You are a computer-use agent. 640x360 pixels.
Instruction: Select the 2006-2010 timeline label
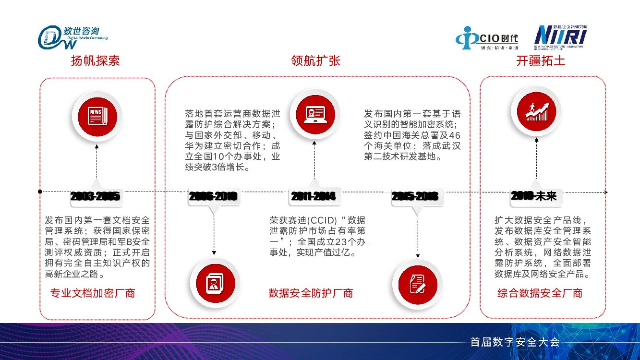[x=213, y=196]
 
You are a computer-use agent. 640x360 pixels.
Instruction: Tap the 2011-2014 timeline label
[x=313, y=196]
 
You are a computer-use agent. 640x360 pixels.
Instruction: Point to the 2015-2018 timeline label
[x=414, y=196]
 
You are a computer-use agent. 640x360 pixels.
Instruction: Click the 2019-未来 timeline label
[x=533, y=195]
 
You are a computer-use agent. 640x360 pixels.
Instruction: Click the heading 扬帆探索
[x=95, y=61]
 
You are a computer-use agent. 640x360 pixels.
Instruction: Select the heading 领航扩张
[x=315, y=61]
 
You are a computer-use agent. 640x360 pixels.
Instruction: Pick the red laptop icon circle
[x=315, y=114]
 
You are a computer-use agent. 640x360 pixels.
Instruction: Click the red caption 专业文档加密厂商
[x=93, y=293]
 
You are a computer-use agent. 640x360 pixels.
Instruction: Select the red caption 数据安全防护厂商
[x=311, y=293]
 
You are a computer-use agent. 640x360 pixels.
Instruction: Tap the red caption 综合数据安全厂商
[x=540, y=293]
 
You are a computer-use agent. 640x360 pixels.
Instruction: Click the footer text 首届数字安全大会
[x=515, y=342]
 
